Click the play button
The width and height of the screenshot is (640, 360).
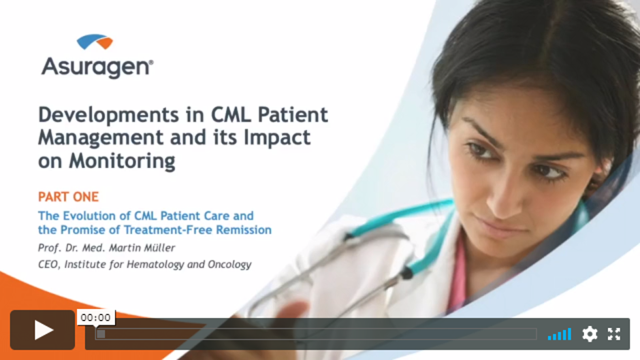pos(42,330)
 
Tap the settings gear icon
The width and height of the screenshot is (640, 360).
pos(590,334)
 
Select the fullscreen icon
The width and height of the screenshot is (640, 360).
pos(614,334)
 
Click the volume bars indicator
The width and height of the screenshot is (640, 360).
pos(560,334)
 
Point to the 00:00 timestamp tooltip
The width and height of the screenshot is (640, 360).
pos(95,318)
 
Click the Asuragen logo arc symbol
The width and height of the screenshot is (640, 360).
pos(95,42)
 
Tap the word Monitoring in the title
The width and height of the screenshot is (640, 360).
pos(123,161)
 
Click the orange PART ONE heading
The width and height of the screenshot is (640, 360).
pos(68,197)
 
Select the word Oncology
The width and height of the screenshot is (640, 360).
pos(229,265)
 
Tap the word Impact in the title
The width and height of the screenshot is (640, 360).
pos(276,138)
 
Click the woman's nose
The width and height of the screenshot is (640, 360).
pos(503,195)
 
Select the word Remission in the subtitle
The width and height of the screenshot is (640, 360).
pos(244,230)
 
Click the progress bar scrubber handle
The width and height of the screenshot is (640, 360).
pos(101,334)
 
